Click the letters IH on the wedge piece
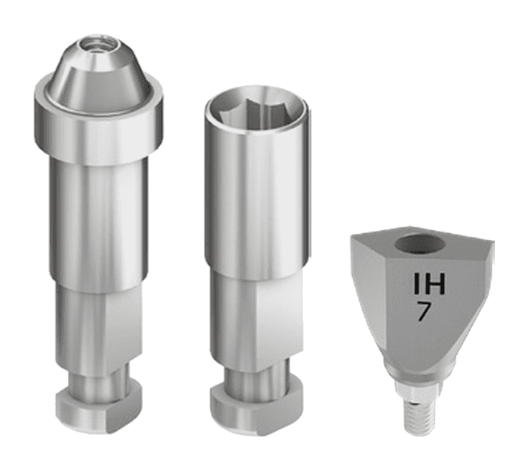pyautogui.click(x=429, y=284)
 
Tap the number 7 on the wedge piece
pyautogui.click(x=424, y=311)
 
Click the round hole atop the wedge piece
pyautogui.click(x=419, y=243)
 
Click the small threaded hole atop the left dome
pyautogui.click(x=98, y=44)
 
